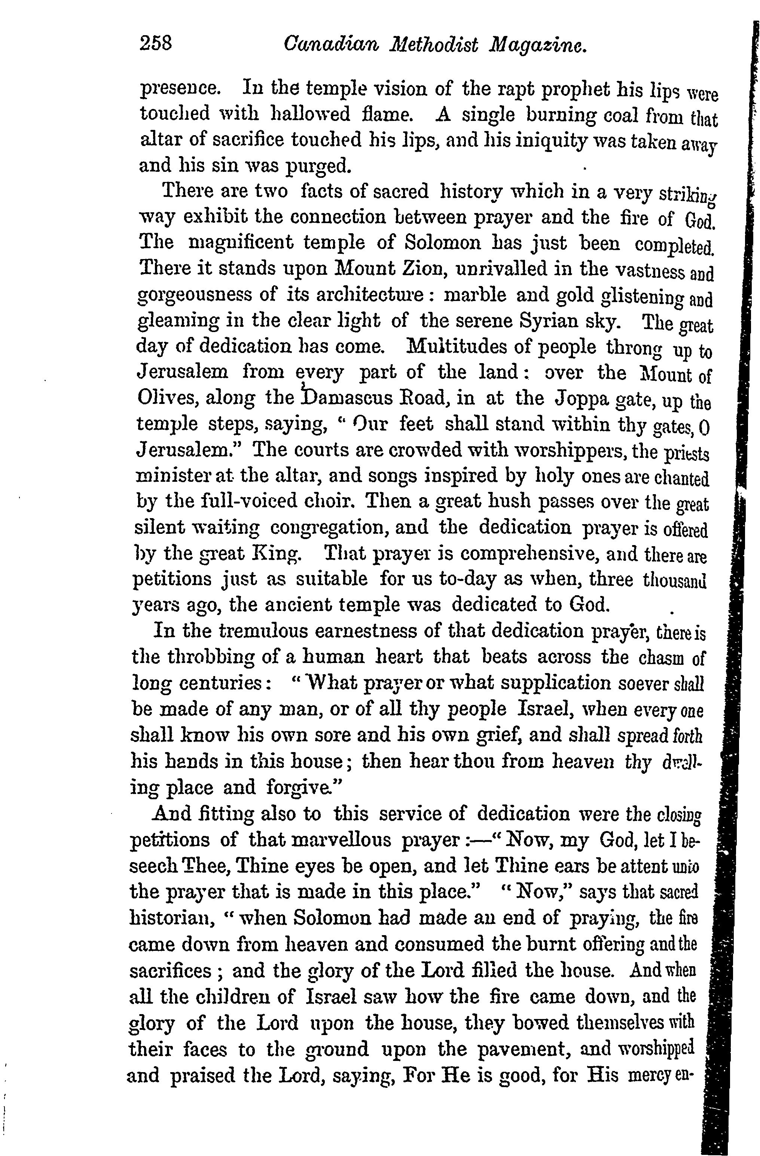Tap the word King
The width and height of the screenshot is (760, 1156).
click(281, 553)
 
